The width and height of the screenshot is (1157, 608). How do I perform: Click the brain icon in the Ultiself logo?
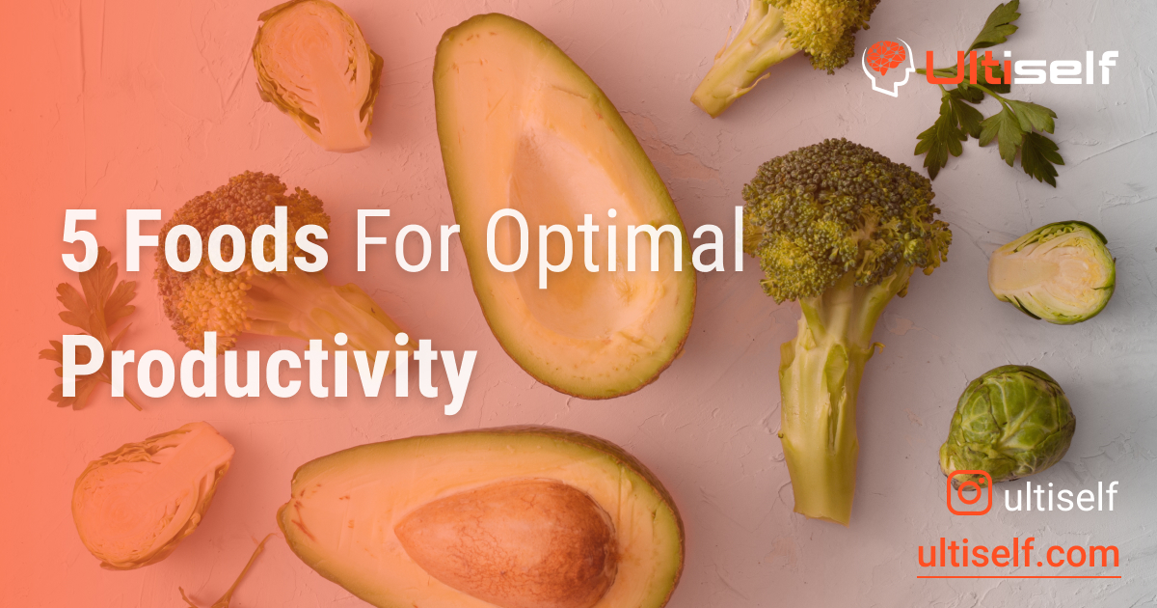tap(887, 65)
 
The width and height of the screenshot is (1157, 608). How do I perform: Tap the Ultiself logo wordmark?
tap(1020, 67)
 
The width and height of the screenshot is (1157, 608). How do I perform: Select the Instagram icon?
tap(968, 493)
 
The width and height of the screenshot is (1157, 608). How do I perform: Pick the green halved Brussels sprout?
tap(1053, 271)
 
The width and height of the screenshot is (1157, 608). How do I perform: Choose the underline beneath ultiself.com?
tap(1018, 576)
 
